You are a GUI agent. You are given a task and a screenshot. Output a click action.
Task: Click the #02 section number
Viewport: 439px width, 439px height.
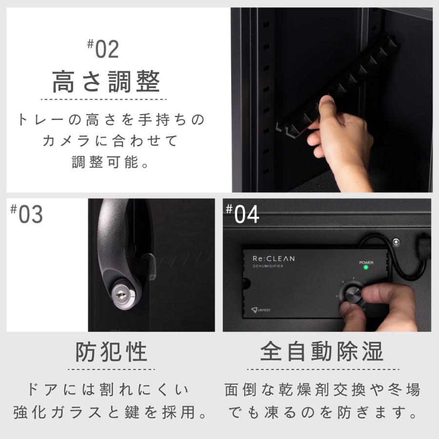[x=103, y=50]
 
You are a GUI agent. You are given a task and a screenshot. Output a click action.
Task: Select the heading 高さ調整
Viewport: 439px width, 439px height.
[x=106, y=81]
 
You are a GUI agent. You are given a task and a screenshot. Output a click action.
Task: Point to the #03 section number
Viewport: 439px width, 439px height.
[x=27, y=215]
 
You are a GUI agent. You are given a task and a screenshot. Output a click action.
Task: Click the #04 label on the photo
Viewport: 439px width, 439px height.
[x=242, y=214]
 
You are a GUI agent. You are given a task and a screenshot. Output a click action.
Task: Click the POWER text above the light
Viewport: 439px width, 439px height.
[x=366, y=262]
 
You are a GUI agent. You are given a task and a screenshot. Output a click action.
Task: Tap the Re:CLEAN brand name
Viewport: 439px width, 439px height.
[x=273, y=259]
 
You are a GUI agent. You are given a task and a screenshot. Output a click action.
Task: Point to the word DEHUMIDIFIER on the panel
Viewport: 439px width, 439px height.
[x=268, y=266]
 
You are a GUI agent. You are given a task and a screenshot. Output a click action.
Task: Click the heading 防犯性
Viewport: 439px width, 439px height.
[x=111, y=351]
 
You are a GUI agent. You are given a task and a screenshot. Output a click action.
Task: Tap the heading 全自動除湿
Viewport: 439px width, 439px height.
[x=322, y=351]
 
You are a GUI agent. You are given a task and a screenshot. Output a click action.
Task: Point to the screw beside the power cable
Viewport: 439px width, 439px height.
[x=396, y=242]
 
